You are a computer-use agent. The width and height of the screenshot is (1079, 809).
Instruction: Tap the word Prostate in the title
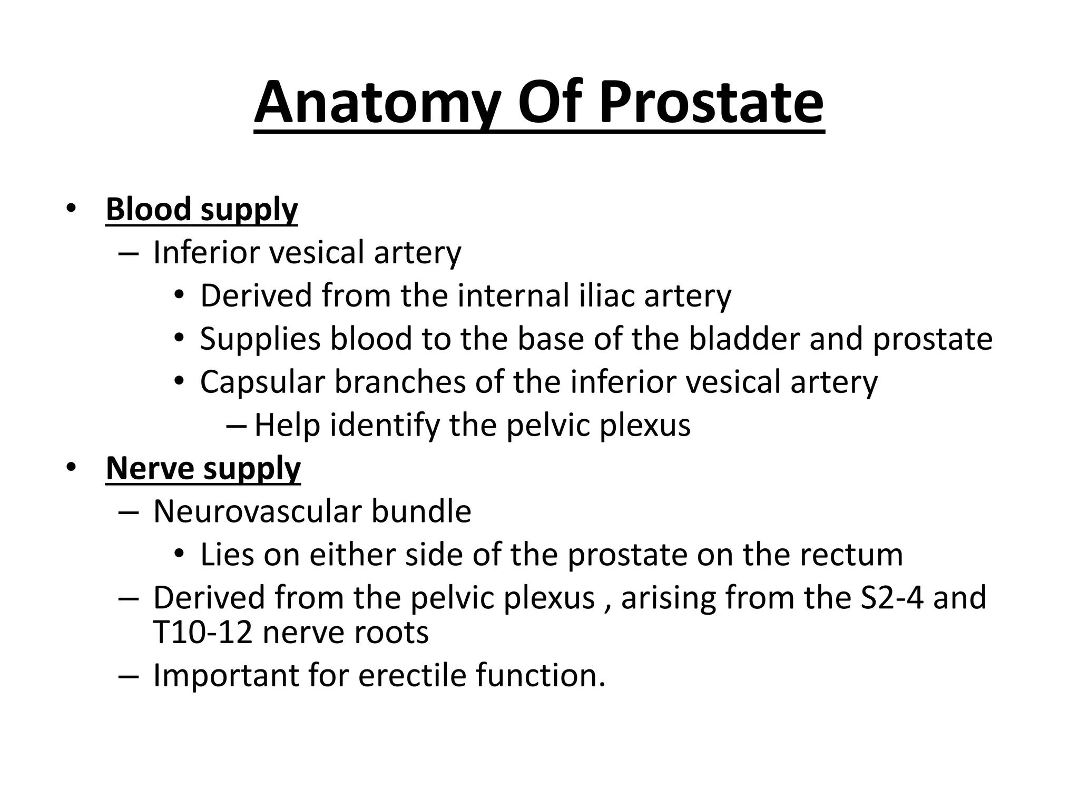(711, 102)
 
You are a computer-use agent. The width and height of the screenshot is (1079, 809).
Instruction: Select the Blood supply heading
(202, 210)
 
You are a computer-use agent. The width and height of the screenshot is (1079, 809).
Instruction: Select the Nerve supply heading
(203, 468)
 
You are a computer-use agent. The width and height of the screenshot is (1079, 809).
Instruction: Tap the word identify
(385, 425)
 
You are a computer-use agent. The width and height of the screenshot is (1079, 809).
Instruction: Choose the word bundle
(421, 511)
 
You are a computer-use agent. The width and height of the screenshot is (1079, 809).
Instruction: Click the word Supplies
(260, 339)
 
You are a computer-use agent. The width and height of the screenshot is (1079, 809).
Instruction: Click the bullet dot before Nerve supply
(71, 467)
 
